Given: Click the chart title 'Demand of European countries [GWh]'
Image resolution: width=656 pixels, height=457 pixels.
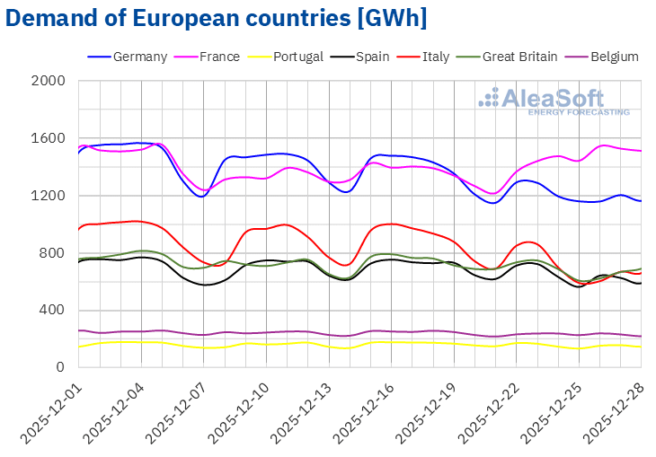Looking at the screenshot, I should coord(216,17).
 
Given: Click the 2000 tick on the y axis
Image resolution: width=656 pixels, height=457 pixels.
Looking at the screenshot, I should coord(50,82).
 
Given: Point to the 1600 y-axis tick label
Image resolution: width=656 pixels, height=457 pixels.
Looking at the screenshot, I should coord(50,139).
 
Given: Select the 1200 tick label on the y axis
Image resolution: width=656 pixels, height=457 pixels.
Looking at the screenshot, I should coord(50,196).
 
